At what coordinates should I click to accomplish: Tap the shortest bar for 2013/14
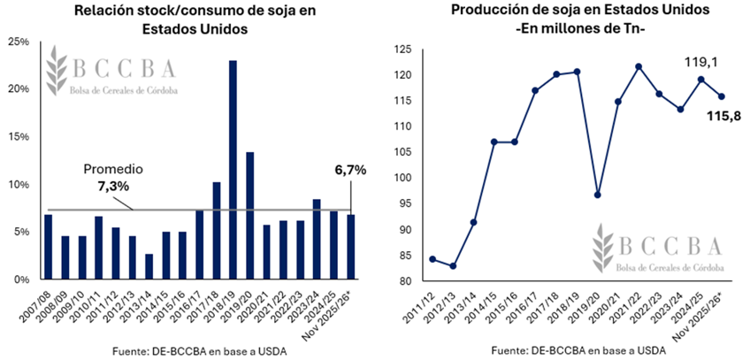tap(149, 266)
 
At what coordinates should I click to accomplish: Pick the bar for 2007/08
tap(48, 247)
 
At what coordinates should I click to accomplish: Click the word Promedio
tap(112, 169)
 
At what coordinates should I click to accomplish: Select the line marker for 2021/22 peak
tap(638, 66)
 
